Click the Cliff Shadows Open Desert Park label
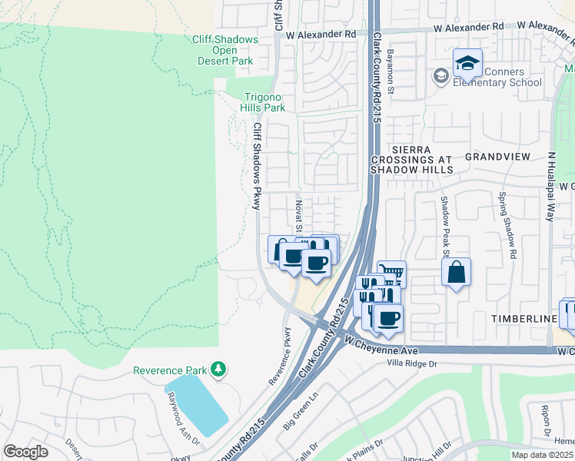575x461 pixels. (x=223, y=50)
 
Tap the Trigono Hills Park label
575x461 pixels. (x=264, y=102)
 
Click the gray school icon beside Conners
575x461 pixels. (x=440, y=75)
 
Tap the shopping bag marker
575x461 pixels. (x=457, y=272)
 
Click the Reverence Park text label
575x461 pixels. (x=171, y=370)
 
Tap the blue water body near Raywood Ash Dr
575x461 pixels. (x=197, y=404)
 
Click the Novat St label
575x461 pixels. (x=298, y=215)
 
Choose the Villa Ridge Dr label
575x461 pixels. (x=411, y=363)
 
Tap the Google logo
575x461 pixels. (x=26, y=452)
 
